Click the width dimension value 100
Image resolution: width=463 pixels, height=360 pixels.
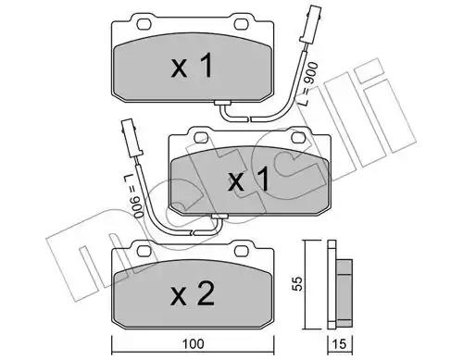(193, 343)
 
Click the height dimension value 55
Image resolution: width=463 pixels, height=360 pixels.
(298, 283)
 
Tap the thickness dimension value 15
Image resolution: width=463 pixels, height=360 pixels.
(340, 343)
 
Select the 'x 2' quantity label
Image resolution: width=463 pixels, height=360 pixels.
(193, 294)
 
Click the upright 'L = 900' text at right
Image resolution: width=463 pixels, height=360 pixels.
(308, 83)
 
